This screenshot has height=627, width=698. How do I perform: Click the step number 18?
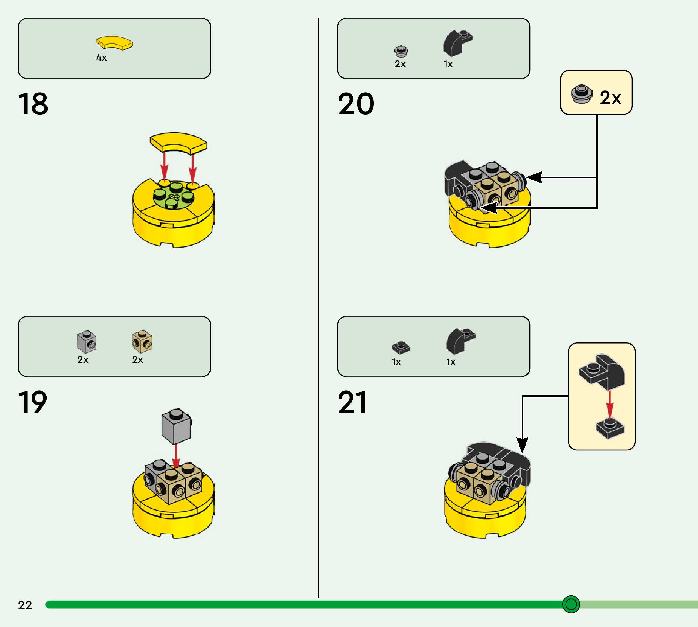pyautogui.click(x=33, y=104)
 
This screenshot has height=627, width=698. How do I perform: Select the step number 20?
pyautogui.click(x=356, y=104)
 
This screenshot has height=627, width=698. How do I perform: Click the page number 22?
pyautogui.click(x=25, y=605)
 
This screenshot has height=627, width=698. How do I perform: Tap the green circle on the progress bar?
pyautogui.click(x=571, y=604)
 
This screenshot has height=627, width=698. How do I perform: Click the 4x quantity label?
pyautogui.click(x=102, y=58)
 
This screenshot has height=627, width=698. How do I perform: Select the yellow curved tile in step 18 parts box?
pyautogui.click(x=115, y=43)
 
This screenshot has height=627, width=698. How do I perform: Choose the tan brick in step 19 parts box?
pyautogui.click(x=142, y=341)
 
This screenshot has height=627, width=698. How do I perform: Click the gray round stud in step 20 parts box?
pyautogui.click(x=401, y=51)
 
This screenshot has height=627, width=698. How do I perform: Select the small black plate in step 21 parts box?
pyautogui.click(x=401, y=347)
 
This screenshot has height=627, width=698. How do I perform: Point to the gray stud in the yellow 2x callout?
pyautogui.click(x=582, y=94)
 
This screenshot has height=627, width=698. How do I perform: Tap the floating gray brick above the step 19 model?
pyautogui.click(x=176, y=426)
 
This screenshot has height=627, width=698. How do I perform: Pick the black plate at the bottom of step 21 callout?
pyautogui.click(x=610, y=428)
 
